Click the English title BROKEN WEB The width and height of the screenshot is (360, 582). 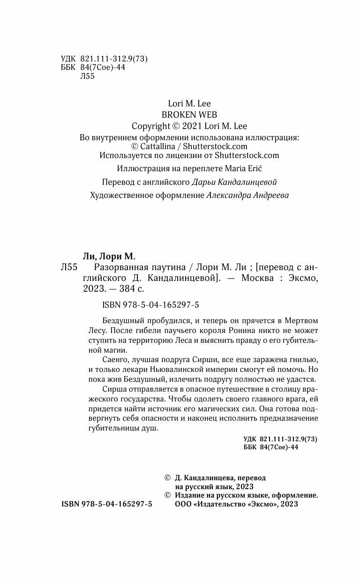[182, 114]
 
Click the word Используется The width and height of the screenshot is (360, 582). [125, 155]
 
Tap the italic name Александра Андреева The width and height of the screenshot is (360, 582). [247, 196]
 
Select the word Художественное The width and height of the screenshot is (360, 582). [121, 196]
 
